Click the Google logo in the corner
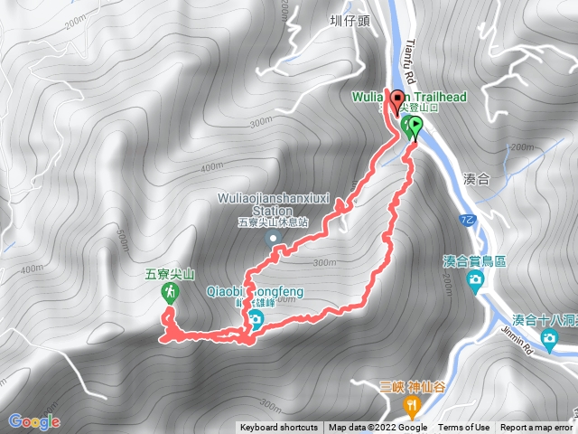[33, 421]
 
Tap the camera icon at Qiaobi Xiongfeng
[256, 319]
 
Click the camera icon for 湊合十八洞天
[549, 339]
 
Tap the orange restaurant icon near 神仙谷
[411, 405]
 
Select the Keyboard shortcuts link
[279, 428]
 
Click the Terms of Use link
[464, 428]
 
